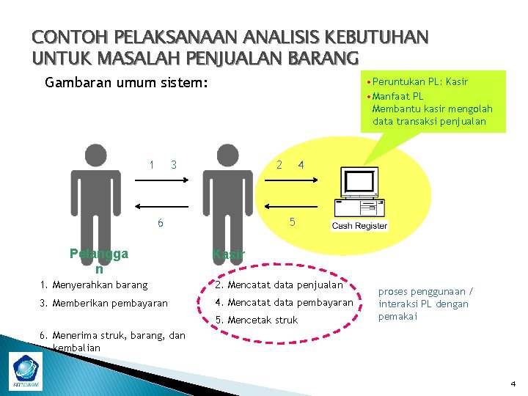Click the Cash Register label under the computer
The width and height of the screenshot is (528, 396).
(x=359, y=226)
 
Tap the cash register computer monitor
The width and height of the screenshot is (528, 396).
(x=359, y=183)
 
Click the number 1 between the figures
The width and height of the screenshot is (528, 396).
(x=151, y=164)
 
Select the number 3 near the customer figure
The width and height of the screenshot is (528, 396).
(x=174, y=164)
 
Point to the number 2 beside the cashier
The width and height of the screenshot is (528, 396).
(x=279, y=164)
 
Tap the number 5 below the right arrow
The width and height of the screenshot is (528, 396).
(x=291, y=221)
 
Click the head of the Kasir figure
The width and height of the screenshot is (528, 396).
(x=227, y=156)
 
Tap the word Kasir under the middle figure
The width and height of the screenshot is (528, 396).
(x=228, y=255)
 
